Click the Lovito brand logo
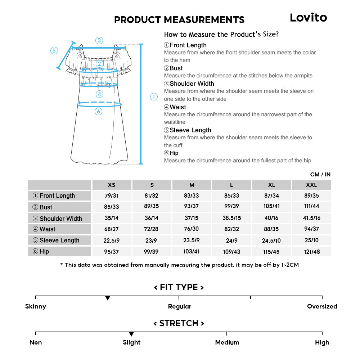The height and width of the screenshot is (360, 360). [x=308, y=18]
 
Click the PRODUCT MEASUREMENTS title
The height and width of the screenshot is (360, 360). [x=179, y=19]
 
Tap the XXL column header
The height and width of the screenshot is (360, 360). [x=311, y=185]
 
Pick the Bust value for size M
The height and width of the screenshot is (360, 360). [x=192, y=206]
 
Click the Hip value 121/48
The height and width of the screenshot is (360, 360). [x=311, y=252]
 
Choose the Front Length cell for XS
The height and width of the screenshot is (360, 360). [x=112, y=195]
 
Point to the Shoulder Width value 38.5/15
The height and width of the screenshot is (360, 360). [x=231, y=218]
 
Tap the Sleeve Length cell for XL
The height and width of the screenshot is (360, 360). [x=271, y=240]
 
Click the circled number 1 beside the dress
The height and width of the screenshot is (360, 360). [x=154, y=96]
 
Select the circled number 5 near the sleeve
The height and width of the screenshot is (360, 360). [x=54, y=50]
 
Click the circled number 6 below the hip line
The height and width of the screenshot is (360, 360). [x=98, y=112]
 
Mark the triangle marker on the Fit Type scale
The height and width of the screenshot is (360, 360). [x=107, y=298]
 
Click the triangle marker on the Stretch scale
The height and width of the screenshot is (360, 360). [x=131, y=334]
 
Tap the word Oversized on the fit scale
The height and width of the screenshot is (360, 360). [x=322, y=306]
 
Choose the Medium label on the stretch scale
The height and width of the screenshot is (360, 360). [x=227, y=342]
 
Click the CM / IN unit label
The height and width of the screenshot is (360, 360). [x=320, y=175]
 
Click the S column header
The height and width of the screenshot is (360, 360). [x=152, y=185]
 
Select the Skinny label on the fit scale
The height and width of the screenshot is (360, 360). [x=36, y=306]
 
